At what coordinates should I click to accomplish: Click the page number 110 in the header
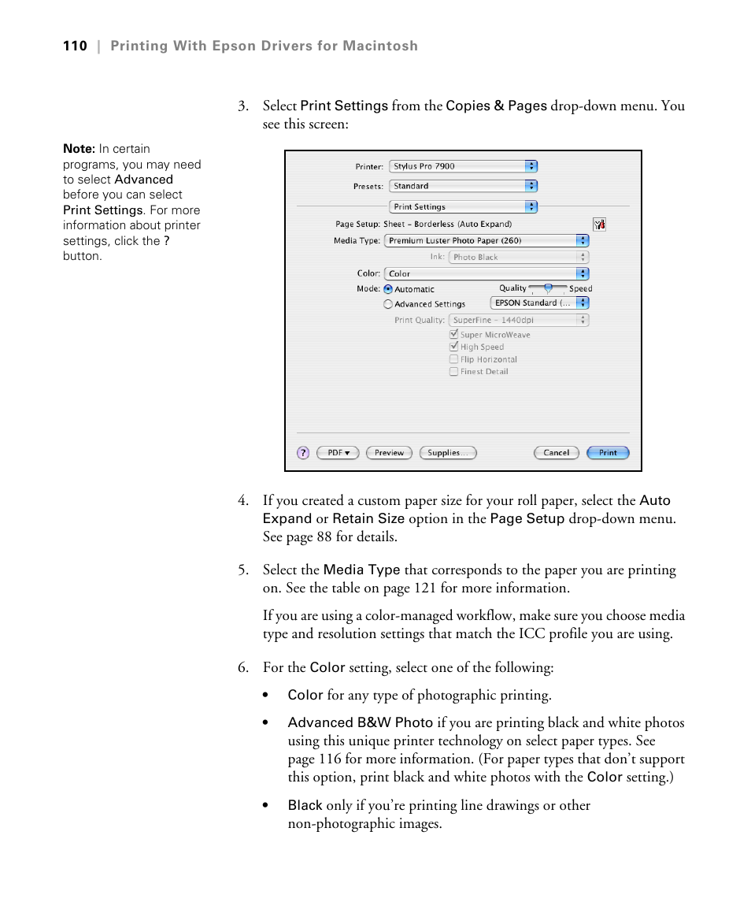tap(75, 46)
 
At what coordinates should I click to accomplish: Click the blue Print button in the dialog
tap(608, 453)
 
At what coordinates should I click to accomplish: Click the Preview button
tap(389, 453)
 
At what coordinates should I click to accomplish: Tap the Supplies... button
tap(447, 453)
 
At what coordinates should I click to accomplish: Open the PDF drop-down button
tap(338, 453)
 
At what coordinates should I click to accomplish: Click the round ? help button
tap(303, 453)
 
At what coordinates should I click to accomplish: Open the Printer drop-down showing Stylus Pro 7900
tap(464, 166)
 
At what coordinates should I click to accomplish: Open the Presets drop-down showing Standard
tap(464, 187)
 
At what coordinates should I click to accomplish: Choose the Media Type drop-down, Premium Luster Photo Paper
tap(486, 241)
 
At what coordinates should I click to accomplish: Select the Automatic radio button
tap(388, 289)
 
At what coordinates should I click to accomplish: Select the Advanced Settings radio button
tap(388, 304)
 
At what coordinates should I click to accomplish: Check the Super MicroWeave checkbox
tap(454, 334)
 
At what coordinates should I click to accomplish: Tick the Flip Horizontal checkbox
tap(454, 359)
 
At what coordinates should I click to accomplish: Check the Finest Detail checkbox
tap(454, 372)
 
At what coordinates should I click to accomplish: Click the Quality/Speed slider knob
tap(548, 288)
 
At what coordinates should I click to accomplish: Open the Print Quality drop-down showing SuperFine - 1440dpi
tap(518, 321)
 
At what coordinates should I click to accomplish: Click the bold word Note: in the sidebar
tap(79, 149)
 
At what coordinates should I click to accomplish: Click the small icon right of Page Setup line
tap(599, 225)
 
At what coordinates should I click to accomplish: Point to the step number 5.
tap(243, 570)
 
